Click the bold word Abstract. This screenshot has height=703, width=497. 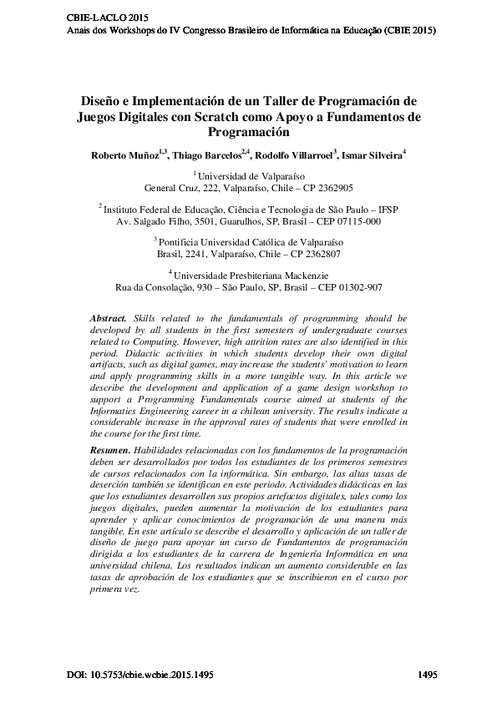point(106,319)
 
